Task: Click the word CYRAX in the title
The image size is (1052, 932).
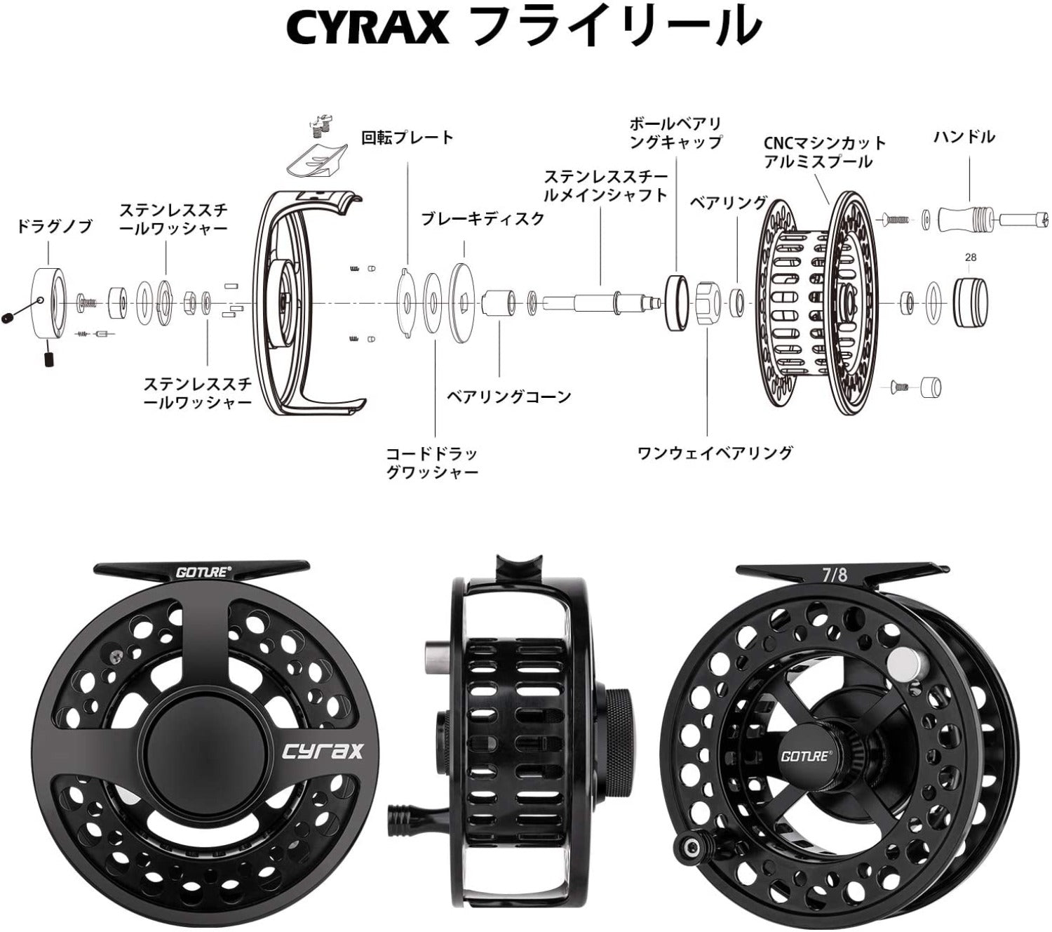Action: click(367, 28)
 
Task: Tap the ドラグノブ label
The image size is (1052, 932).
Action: click(54, 227)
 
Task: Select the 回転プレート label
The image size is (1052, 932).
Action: click(407, 137)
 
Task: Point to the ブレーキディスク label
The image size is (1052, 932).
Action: click(483, 218)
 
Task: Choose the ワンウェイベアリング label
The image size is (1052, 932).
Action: click(715, 453)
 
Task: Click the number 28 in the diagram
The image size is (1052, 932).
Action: click(970, 258)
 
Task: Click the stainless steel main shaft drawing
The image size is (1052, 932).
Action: click(596, 302)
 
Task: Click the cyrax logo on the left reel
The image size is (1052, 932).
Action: click(323, 751)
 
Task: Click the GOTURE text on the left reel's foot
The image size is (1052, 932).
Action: click(202, 572)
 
